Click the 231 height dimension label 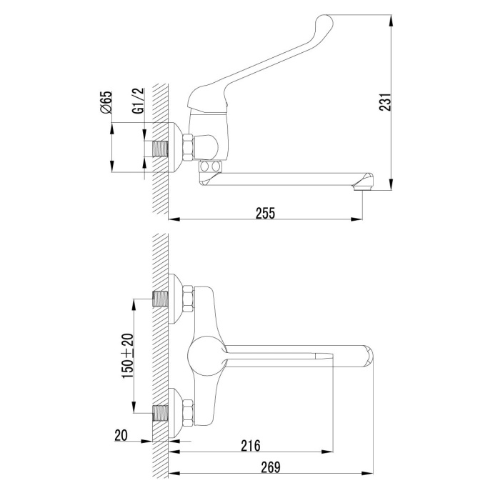[x=385, y=102]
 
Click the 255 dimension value [x=265, y=213]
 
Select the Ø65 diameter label [x=106, y=102]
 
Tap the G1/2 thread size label [x=139, y=100]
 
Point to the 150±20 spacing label [x=128, y=355]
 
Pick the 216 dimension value [x=251, y=446]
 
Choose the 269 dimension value [x=270, y=467]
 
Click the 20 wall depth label [x=121, y=435]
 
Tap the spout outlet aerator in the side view [x=363, y=189]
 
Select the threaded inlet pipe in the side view [x=160, y=149]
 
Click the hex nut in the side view [x=188, y=147]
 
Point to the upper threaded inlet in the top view [x=160, y=299]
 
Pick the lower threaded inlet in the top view [x=160, y=413]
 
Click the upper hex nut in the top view [x=188, y=299]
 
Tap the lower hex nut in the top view [x=188, y=413]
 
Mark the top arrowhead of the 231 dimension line [x=391, y=21]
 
